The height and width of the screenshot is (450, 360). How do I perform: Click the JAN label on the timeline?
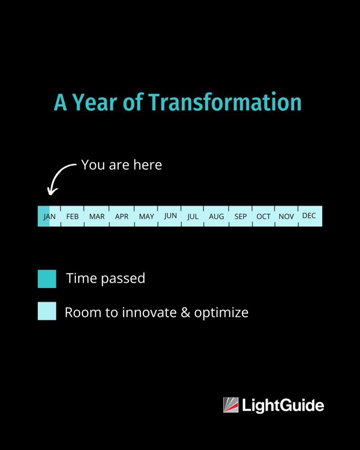(x=49, y=216)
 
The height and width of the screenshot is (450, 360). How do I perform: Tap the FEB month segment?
(x=72, y=216)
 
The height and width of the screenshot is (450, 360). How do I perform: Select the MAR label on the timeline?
(x=97, y=216)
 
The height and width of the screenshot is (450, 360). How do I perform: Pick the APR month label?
(x=121, y=216)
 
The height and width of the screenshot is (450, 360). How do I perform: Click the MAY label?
(x=146, y=216)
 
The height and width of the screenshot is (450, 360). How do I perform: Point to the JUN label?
(x=170, y=216)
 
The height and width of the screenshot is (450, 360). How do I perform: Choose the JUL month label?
(x=193, y=216)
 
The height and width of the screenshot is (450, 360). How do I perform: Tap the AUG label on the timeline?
(x=216, y=216)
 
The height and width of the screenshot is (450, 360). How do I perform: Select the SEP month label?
(x=241, y=216)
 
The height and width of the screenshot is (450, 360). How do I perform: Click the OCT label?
(x=264, y=216)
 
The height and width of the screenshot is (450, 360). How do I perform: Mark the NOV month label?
(x=286, y=216)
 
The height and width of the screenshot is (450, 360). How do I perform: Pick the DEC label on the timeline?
(x=309, y=216)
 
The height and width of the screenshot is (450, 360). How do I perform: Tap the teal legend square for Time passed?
(x=47, y=279)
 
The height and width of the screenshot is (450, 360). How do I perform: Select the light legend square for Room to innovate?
(x=47, y=311)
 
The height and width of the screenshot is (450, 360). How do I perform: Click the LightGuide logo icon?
(x=231, y=405)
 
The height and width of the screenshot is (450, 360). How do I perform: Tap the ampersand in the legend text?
(x=185, y=312)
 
